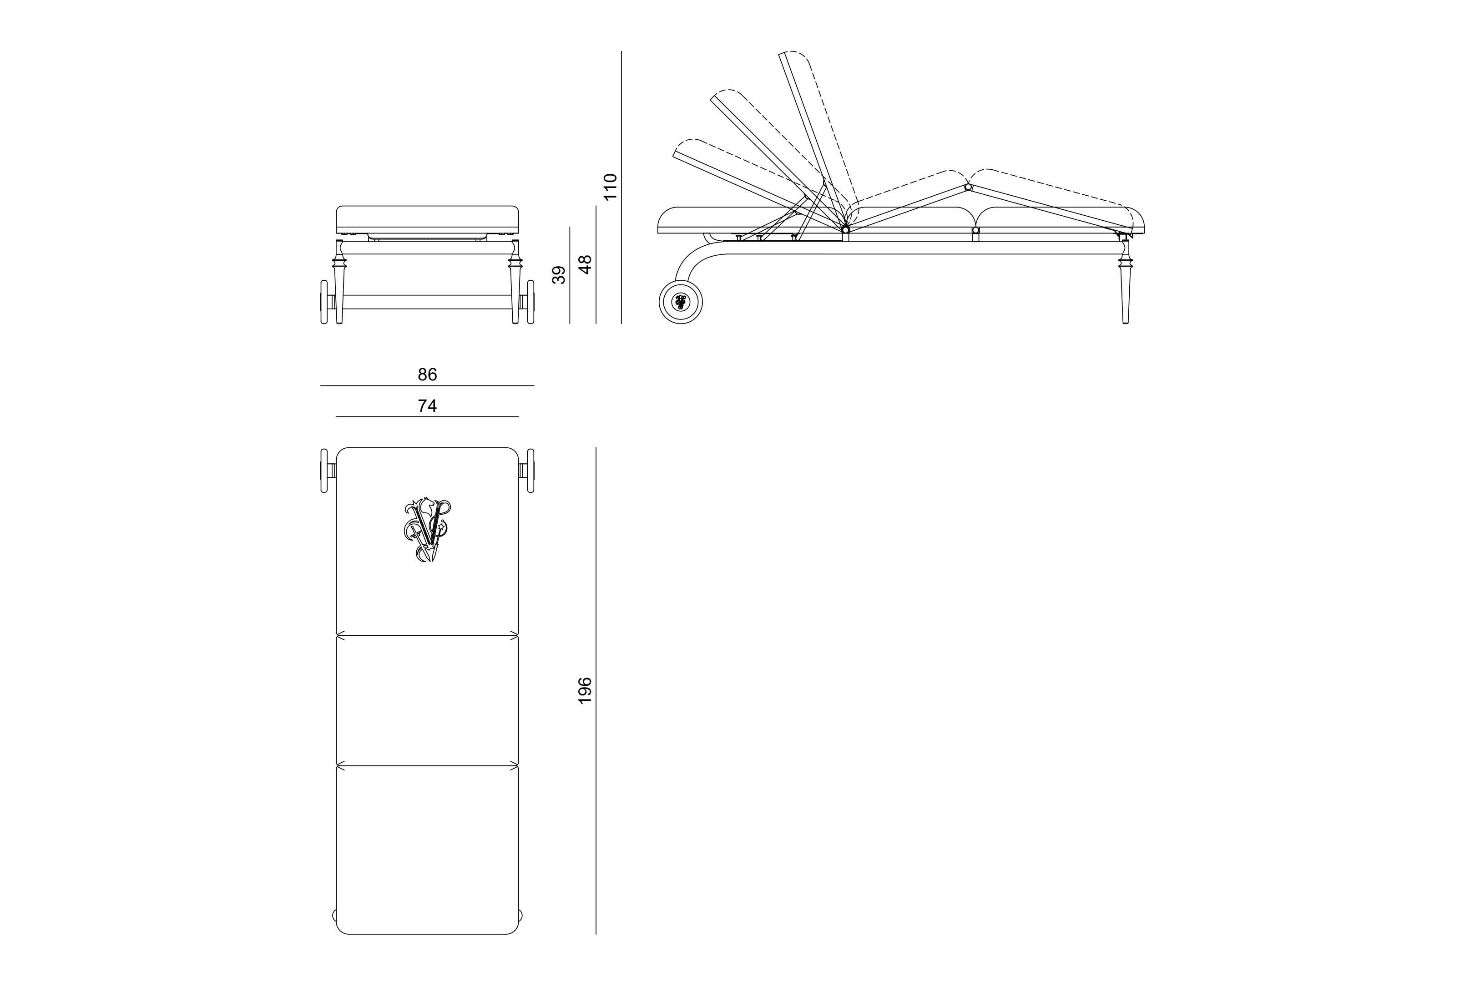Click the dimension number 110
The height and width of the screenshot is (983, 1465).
coord(610,187)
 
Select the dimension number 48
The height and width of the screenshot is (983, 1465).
coord(585,264)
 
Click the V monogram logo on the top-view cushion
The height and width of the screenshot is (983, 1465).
coord(427,530)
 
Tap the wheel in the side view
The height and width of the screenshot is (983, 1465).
coord(681,302)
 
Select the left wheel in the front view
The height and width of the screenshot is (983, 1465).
coord(324,302)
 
